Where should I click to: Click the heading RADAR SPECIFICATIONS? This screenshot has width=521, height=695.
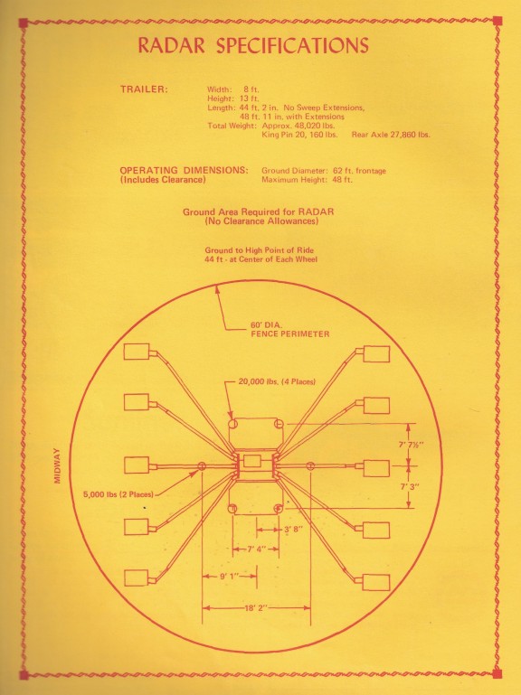[x=253, y=45]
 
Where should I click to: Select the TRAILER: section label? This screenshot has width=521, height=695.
[x=144, y=89]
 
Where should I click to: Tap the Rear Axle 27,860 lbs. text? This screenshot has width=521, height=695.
[x=391, y=135]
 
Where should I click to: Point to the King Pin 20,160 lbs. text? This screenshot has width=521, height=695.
[x=299, y=135]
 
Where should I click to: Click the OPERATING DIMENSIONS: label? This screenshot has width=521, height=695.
[x=184, y=170]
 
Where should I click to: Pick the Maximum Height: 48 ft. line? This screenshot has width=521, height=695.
[x=307, y=180]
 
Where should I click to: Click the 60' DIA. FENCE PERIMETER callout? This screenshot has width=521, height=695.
[x=290, y=330]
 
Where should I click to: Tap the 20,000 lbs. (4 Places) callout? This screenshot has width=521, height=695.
[x=277, y=381]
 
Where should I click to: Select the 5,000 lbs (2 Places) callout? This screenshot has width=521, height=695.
[x=118, y=494]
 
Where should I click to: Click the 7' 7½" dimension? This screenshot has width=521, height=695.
[x=411, y=445]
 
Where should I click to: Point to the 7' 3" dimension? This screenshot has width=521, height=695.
[x=410, y=486]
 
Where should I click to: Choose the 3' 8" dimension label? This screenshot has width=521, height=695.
[x=293, y=529]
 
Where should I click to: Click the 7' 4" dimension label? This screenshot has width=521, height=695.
[x=257, y=549]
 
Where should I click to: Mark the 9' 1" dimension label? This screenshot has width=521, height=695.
[x=230, y=577]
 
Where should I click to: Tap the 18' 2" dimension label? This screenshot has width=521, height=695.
[x=257, y=607]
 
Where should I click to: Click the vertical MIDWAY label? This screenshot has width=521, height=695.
[x=57, y=465]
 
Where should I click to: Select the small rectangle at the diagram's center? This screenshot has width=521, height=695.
[x=252, y=461]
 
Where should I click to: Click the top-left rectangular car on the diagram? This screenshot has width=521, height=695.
[x=137, y=352]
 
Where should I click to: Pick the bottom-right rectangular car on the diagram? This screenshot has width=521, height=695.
[x=376, y=582]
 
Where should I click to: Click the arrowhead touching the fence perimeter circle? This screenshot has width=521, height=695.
[x=217, y=290]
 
